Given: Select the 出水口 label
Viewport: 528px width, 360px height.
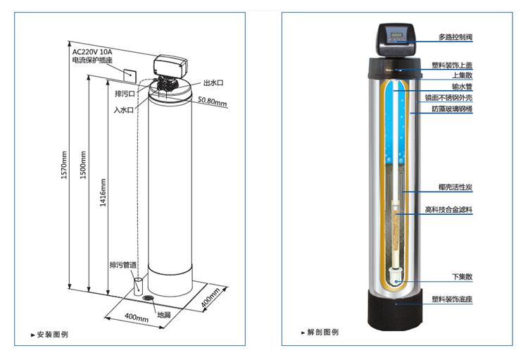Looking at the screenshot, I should (x=213, y=82).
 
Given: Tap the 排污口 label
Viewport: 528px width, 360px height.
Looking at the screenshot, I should (x=124, y=93).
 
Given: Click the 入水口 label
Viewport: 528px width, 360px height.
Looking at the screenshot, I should (x=124, y=110).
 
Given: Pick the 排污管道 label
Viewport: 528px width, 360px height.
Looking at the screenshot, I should (x=122, y=265).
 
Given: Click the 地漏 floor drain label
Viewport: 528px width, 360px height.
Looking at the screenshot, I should (x=163, y=315).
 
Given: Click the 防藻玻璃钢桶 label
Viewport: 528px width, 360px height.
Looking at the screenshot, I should (x=451, y=111).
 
